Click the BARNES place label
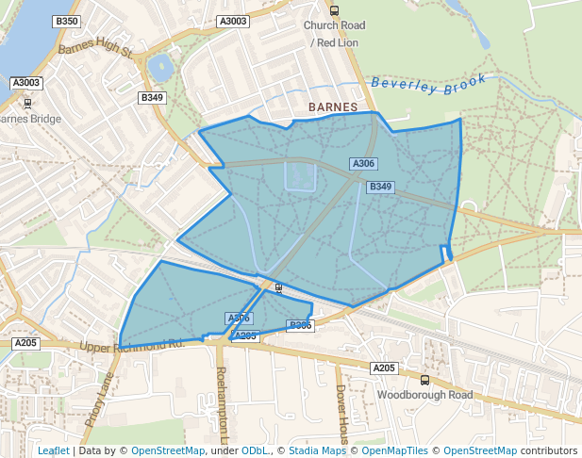[x=333, y=107]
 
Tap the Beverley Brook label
[x=429, y=82]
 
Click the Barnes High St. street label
[x=95, y=48]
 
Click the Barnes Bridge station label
[x=30, y=119]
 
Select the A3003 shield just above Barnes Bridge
[x=26, y=83]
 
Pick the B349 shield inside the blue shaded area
[x=380, y=187]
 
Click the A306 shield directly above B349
[x=364, y=164]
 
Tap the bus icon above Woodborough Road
[x=424, y=381]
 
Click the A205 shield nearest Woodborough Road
[x=384, y=368]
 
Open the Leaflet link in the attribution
[x=53, y=450]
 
